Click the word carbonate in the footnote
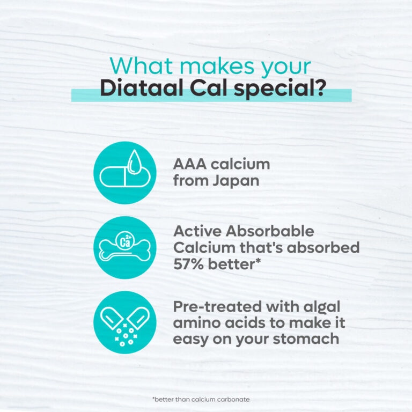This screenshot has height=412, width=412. (234, 399)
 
